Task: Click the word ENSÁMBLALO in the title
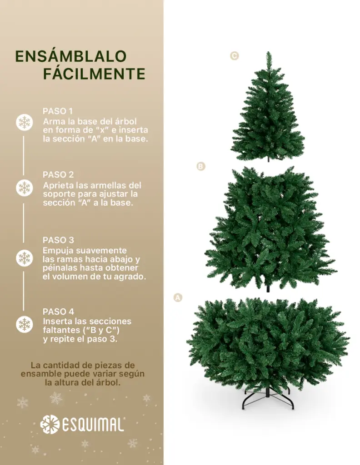[71, 56]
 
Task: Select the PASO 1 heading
[58, 111]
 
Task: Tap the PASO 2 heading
[58, 174]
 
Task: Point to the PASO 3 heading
[58, 240]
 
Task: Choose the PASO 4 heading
[58, 312]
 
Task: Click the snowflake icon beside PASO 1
[25, 122]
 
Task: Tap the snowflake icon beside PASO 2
[25, 188]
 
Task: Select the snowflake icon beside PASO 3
[25, 258]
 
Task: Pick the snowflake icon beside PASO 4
[25, 324]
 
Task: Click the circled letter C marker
[235, 56]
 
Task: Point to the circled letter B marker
[201, 166]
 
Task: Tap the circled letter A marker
[178, 297]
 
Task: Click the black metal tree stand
[268, 399]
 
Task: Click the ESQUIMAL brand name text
[93, 425]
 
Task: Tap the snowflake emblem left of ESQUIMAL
[50, 425]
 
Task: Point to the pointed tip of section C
[268, 52]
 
